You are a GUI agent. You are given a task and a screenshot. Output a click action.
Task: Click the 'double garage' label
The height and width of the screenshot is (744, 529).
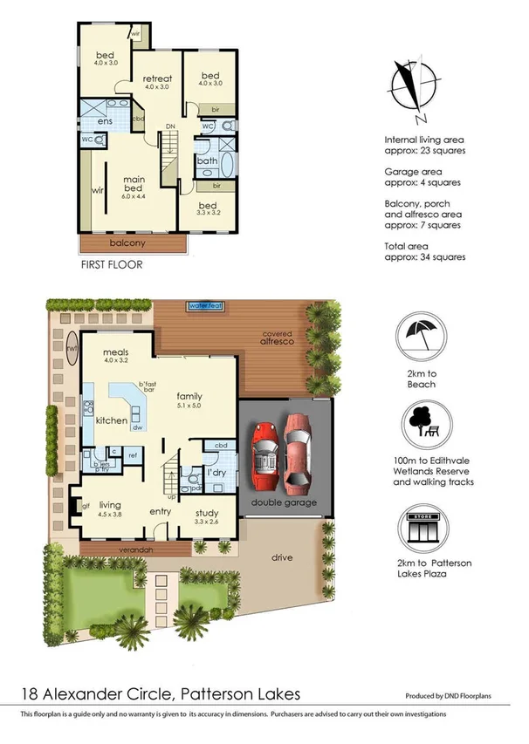tap(285, 502)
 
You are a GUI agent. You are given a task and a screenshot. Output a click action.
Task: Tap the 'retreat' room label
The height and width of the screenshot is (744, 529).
tap(158, 78)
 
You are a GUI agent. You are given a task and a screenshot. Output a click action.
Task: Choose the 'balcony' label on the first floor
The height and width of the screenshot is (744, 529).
tap(127, 243)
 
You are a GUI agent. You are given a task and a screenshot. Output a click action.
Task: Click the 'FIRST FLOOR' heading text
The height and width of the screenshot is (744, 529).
tap(111, 264)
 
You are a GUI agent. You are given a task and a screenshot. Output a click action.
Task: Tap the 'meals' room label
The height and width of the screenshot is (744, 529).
tap(116, 352)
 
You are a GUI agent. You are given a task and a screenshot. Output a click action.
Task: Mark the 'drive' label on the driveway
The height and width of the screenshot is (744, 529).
tap(282, 557)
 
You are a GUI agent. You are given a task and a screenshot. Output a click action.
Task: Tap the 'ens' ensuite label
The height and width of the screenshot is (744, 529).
tap(104, 121)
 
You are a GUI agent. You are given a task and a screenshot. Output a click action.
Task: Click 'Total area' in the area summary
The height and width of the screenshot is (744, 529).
tap(409, 247)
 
